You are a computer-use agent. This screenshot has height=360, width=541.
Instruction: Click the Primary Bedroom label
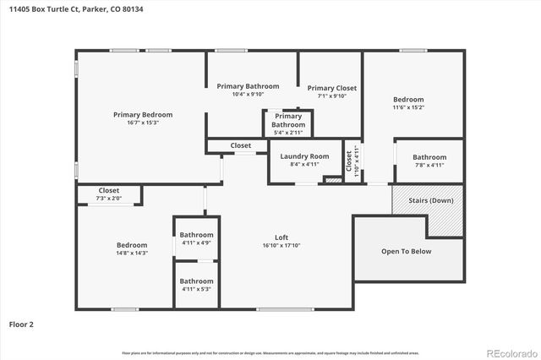click(143, 115)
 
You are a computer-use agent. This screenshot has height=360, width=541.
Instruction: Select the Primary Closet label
click(331, 88)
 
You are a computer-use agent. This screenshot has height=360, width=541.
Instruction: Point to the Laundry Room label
click(304, 156)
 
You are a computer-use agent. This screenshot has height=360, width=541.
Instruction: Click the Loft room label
click(281, 237)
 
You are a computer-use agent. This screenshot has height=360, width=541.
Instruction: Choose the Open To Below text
click(407, 251)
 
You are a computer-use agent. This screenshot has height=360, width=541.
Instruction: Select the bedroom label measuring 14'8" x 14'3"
click(132, 245)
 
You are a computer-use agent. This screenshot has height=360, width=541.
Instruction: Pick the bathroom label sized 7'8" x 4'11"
click(429, 157)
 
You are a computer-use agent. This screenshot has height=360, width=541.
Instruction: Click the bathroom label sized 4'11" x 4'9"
click(196, 235)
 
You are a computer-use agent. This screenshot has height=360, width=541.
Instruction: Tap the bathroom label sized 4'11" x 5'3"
click(196, 281)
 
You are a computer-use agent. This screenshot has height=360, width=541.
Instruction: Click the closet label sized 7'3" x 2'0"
click(109, 191)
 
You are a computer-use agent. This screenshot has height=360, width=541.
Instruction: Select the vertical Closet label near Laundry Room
click(347, 158)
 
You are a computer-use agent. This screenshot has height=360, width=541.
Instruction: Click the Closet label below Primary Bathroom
click(241, 145)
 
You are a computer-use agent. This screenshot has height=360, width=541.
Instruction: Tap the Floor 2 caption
click(21, 324)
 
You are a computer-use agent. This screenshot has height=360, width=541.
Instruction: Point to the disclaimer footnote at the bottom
click(270, 352)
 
